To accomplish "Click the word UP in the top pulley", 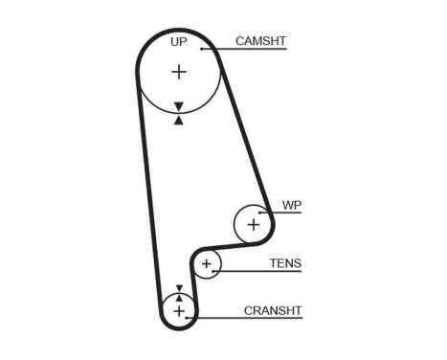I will (x=178, y=42).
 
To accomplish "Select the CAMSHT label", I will (x=261, y=40).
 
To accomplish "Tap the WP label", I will (x=292, y=205).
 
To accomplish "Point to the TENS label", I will (x=284, y=262).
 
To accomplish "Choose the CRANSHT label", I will (x=273, y=310).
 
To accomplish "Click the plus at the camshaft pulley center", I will (x=179, y=72).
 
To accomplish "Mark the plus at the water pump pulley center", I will (x=253, y=224).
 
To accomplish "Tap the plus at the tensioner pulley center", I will (x=206, y=263).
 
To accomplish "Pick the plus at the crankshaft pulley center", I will (x=178, y=310).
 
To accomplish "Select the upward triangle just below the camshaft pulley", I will (x=179, y=120).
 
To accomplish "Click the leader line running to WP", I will (x=287, y=213).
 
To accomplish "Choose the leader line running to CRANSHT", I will (x=249, y=318).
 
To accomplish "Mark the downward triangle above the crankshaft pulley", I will (x=178, y=287).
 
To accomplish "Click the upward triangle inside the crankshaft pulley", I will (x=178, y=298).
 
